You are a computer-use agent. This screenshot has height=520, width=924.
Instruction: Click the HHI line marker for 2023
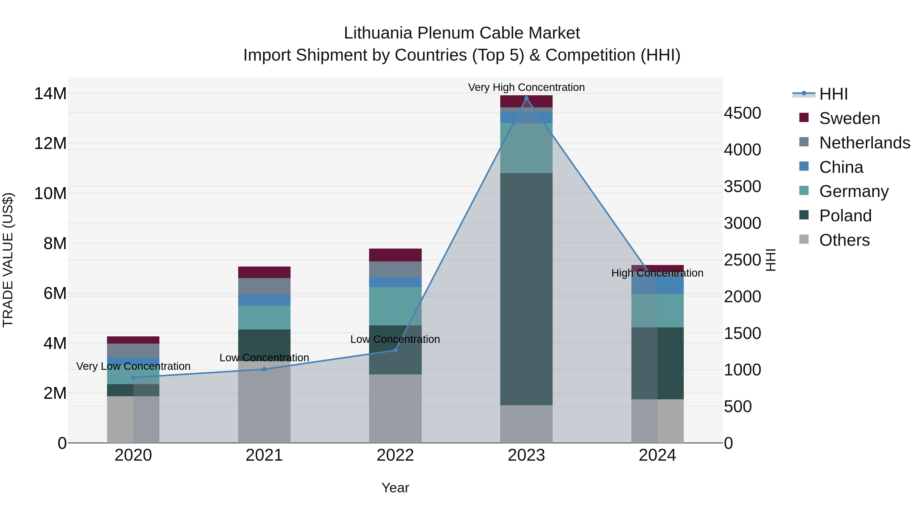[x=526, y=98]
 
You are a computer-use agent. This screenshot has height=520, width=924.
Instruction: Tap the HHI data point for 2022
[x=395, y=350]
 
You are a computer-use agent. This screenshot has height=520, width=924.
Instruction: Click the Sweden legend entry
[x=849, y=118]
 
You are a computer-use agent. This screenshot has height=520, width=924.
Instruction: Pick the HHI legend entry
[x=833, y=94]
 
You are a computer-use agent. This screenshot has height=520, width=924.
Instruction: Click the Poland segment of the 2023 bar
[x=526, y=287]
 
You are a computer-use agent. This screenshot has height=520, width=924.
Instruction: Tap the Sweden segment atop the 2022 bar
[x=395, y=255]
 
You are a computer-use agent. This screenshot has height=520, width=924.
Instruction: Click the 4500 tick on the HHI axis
[x=742, y=113]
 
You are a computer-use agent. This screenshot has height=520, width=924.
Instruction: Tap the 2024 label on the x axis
[x=657, y=455]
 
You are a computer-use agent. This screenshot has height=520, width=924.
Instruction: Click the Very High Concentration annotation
[x=526, y=87]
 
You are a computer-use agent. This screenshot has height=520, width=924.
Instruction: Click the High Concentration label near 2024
[x=657, y=273]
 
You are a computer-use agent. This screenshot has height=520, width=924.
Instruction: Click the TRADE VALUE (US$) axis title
[x=8, y=260]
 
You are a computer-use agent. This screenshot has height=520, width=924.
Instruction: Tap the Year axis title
[x=395, y=488]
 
